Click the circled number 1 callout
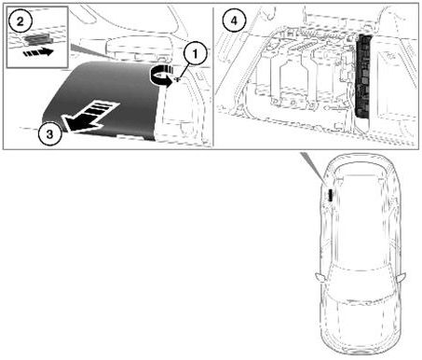pyautogui.click(x=195, y=54)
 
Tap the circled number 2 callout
pyautogui.click(x=20, y=21)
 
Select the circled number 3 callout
pyautogui.click(x=49, y=134)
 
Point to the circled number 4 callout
pyautogui.click(x=234, y=21)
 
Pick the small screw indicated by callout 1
pyautogui.click(x=178, y=79)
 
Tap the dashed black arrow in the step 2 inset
pyautogui.click(x=38, y=52)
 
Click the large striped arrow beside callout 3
pyautogui.click(x=90, y=117)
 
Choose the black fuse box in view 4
pyautogui.click(x=363, y=76)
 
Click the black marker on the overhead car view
pyautogui.click(x=330, y=195)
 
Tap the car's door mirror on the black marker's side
pyautogui.click(x=320, y=277)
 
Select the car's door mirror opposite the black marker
pyautogui.click(x=401, y=277)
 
